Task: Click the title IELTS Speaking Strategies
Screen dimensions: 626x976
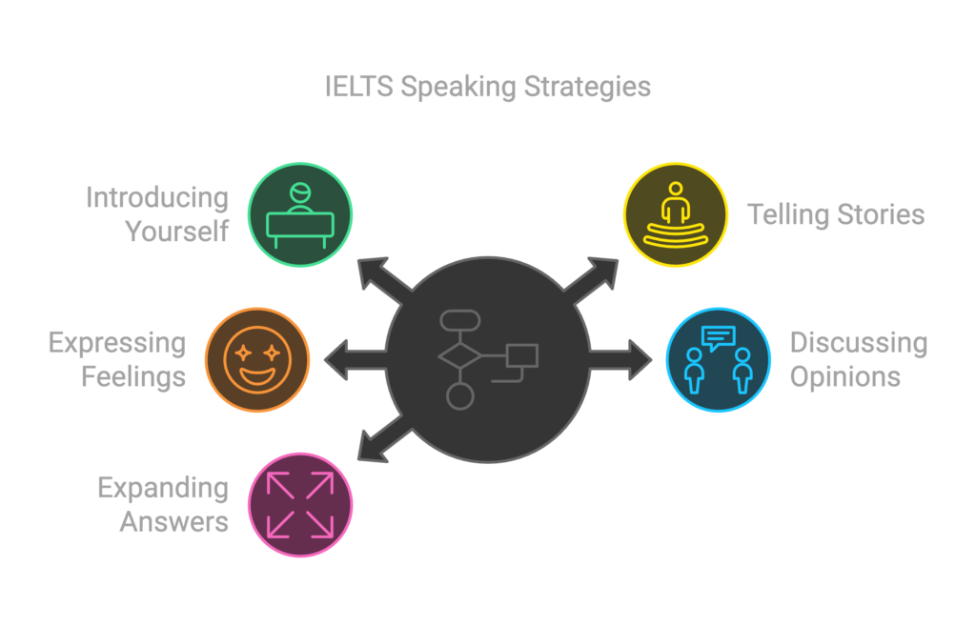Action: [487, 88]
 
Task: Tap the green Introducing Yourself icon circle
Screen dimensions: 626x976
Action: [300, 214]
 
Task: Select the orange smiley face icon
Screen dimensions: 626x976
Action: [257, 359]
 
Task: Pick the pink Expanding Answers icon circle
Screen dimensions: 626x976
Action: [300, 504]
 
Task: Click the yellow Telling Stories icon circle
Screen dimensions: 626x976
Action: [676, 214]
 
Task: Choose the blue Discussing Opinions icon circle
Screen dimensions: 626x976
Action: [718, 359]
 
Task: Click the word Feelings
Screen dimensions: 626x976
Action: [133, 376]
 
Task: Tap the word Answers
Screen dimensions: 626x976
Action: [174, 522]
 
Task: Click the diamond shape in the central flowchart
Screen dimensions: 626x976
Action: [459, 356]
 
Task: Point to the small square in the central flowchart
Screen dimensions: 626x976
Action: [521, 355]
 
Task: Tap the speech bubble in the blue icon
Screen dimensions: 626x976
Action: [719, 336]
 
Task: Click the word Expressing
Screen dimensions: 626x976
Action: [116, 342]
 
